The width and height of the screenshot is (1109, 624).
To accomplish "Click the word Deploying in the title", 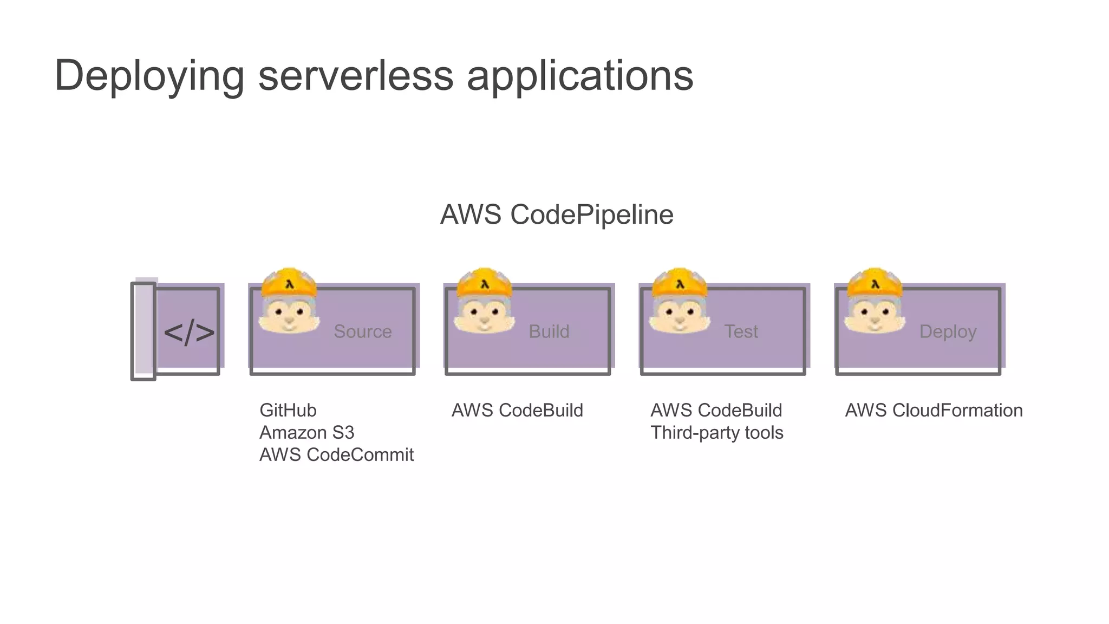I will pyautogui.click(x=149, y=76).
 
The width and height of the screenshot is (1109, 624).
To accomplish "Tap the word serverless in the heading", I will pyautogui.click(x=355, y=75).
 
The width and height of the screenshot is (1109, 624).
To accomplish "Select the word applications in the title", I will pyautogui.click(x=579, y=76).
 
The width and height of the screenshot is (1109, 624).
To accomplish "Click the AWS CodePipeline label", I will pyautogui.click(x=557, y=214).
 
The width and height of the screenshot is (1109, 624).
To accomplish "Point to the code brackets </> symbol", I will pyautogui.click(x=188, y=332).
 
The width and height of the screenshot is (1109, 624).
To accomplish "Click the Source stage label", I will pyautogui.click(x=362, y=331).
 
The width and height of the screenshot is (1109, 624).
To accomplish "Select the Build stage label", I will pyautogui.click(x=549, y=331).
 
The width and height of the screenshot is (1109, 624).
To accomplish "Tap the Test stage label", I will pyautogui.click(x=741, y=331).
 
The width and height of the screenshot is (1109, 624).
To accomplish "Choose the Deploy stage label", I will pyautogui.click(x=948, y=331).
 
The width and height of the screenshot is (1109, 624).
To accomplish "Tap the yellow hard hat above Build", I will pyautogui.click(x=484, y=282).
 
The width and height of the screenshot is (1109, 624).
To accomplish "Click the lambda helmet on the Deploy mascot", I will pyautogui.click(x=875, y=282).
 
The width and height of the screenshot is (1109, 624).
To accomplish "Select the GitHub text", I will pyautogui.click(x=288, y=411).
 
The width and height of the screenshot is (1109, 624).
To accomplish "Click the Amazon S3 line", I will pyautogui.click(x=306, y=433).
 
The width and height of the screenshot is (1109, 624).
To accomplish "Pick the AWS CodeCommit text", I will pyautogui.click(x=336, y=455).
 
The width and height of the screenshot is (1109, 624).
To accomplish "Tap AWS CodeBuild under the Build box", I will pyautogui.click(x=517, y=411).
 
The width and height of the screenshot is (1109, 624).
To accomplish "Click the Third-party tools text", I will pyautogui.click(x=716, y=433).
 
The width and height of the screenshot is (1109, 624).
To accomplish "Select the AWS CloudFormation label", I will pyautogui.click(x=934, y=411).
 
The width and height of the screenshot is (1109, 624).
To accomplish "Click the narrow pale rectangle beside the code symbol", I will pyautogui.click(x=143, y=331).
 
